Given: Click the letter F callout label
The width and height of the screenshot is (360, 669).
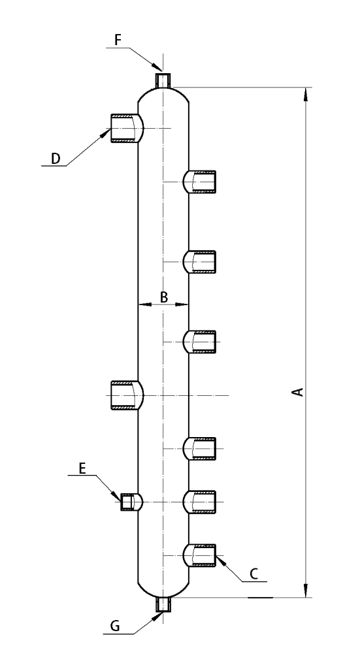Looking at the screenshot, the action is point(118,40).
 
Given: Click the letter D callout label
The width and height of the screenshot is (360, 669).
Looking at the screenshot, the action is point(56,159).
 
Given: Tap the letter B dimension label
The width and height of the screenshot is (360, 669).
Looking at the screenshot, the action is point(164,297).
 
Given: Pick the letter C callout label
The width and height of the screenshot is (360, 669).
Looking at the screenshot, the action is point(254,574).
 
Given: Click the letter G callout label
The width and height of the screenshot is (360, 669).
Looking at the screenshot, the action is point(115,626).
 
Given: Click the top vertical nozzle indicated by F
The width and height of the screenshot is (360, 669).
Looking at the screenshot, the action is point(163,79).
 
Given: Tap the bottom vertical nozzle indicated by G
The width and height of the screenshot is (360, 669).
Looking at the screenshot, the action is point(163,604).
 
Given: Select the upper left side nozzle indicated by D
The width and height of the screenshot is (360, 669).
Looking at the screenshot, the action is point(127,129).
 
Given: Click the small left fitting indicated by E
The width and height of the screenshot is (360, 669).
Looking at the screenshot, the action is point(131,502).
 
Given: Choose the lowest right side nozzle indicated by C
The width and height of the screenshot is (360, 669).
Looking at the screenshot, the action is point(199,555).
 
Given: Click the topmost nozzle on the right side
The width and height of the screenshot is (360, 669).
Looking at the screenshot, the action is point(199,182).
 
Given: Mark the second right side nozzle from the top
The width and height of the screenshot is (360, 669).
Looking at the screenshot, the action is point(199,261).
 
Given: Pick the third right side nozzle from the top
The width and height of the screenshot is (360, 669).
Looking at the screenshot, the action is point(199,342).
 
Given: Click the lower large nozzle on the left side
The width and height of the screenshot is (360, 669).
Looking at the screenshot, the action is point(127,395).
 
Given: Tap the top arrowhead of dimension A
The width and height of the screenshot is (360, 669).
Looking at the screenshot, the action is point(305,94).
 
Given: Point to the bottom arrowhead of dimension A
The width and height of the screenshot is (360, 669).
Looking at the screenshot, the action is point(305,591).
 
